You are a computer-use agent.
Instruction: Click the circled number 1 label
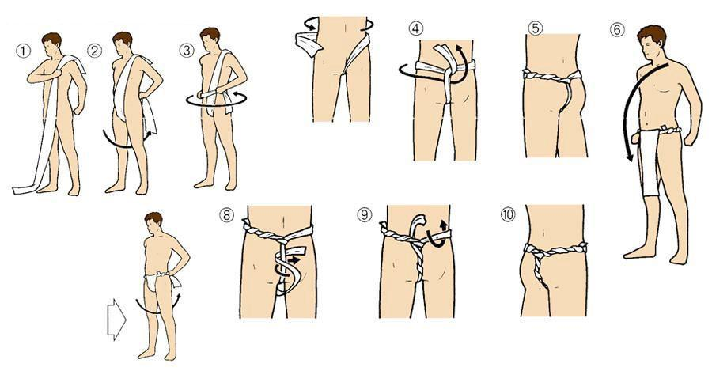[23, 51]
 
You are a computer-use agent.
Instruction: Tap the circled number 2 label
[94, 51]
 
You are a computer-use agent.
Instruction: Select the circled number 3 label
[186, 51]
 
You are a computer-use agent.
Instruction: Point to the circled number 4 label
[415, 28]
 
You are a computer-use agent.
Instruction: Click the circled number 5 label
[535, 28]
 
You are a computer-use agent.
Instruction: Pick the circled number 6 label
[617, 29]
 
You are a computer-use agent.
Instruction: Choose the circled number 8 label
[226, 214]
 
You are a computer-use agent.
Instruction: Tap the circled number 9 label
[364, 214]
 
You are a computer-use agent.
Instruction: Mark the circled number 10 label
[508, 214]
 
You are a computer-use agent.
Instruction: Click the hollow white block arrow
[116, 320]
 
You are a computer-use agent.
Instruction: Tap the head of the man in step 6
[651, 41]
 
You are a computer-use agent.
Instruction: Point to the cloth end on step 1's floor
[23, 189]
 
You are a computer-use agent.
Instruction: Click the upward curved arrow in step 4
[458, 63]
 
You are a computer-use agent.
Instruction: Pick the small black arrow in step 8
[294, 261]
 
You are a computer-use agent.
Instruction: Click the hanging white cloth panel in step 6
[649, 163]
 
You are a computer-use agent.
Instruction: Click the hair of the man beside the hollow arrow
[154, 218]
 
